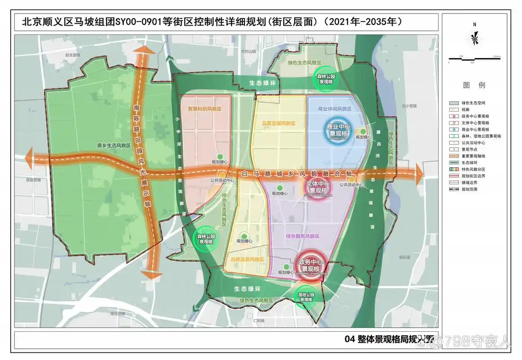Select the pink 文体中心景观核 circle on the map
(313, 188)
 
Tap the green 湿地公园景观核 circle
(306, 297)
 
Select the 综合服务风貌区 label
(302, 236)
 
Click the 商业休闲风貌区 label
(335, 109)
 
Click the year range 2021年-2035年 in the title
(362, 21)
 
